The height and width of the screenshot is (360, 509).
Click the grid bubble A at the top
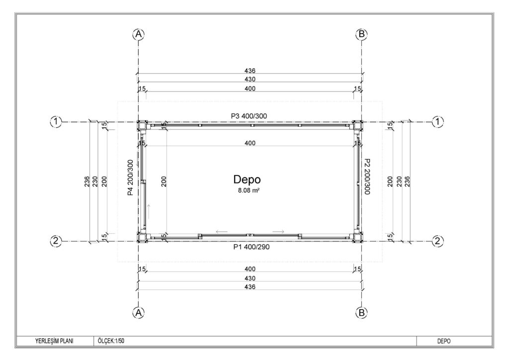[x=139, y=34]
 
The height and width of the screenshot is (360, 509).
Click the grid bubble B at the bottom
[x=361, y=313]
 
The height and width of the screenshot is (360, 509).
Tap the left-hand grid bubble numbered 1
[x=56, y=122]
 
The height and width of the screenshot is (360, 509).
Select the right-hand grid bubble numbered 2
[x=438, y=241]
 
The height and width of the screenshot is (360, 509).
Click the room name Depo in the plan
[x=247, y=180]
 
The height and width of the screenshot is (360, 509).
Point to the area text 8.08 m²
[x=249, y=190]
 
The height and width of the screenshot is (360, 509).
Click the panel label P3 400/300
[x=249, y=116]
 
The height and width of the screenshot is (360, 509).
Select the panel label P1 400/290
[x=252, y=247]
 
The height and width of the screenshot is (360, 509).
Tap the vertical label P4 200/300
[x=130, y=178]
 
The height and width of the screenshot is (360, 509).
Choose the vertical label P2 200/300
[x=367, y=177]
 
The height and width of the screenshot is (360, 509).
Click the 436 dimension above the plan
[x=250, y=71]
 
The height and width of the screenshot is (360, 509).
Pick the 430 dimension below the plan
[x=250, y=278]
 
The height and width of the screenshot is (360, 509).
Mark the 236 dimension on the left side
[x=87, y=181]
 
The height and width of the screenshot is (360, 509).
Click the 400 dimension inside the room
[x=250, y=143]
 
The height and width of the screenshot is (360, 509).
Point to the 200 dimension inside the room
[x=164, y=181]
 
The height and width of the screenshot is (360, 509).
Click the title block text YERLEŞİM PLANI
[x=54, y=341]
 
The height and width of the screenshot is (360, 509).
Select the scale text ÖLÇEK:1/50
[x=111, y=341]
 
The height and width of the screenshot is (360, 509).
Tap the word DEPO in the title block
[x=444, y=341]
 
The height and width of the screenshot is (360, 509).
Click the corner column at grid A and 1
[x=142, y=125]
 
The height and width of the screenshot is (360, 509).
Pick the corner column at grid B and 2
[x=358, y=238]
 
